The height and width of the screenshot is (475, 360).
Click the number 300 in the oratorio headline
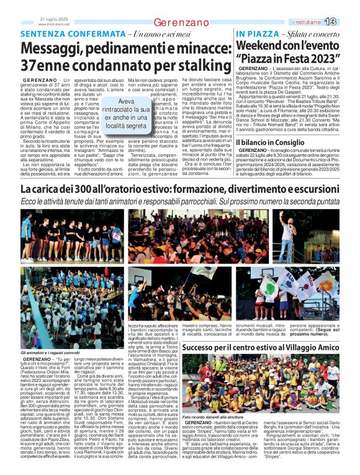pyautogui.click(x=91, y=189)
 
